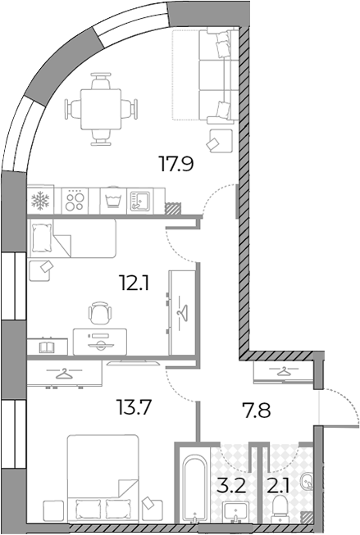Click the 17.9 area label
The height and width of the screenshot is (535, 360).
(x=176, y=163)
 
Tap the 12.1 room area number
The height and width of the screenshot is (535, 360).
(x=134, y=283)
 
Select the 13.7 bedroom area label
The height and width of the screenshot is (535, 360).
(x=134, y=407)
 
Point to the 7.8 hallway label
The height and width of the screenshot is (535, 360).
(x=257, y=410)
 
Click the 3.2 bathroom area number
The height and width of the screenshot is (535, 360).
(x=231, y=486)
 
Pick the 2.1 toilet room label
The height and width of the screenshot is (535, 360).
(x=278, y=486)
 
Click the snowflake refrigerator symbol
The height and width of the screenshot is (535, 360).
(x=40, y=200)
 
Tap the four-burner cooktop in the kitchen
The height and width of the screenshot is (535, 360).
(x=75, y=201)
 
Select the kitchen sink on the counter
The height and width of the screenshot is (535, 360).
(x=140, y=201)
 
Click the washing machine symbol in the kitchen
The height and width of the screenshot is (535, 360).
(x=113, y=201)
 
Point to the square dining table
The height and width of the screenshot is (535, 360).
(x=101, y=109)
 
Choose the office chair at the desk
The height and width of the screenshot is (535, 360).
(x=100, y=312)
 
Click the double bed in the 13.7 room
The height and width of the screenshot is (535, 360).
(x=103, y=478)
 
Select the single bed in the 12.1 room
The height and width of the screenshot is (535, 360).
(x=72, y=238)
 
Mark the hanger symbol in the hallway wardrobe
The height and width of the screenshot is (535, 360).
(x=283, y=370)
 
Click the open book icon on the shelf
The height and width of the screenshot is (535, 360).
(x=46, y=347)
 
